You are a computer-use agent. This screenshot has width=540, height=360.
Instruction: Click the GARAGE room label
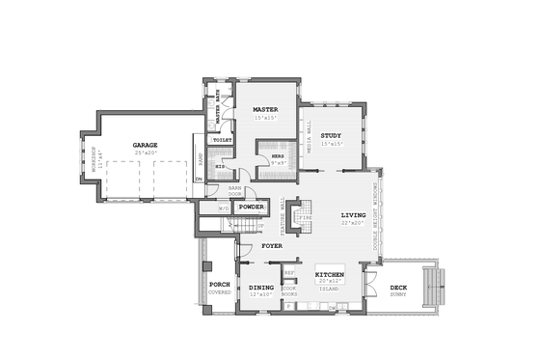click(146, 145)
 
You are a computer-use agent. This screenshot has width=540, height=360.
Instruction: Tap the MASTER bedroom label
click(265, 110)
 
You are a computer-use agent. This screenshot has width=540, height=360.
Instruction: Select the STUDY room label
click(332, 135)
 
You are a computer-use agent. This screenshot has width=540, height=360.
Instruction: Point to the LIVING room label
click(354, 214)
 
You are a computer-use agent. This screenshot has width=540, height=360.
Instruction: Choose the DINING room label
click(261, 287)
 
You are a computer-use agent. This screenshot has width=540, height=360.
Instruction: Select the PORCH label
click(219, 286)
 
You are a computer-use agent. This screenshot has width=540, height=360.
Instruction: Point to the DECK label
click(398, 287)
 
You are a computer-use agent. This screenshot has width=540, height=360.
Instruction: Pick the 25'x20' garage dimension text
click(146, 152)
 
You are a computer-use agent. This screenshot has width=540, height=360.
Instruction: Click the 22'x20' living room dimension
click(354, 222)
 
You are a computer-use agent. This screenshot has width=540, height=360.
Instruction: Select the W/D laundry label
click(224, 208)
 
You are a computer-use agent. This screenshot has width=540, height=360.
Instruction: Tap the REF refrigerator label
click(288, 272)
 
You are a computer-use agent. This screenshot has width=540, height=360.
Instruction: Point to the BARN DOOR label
click(234, 190)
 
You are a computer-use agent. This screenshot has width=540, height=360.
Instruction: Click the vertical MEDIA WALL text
click(309, 138)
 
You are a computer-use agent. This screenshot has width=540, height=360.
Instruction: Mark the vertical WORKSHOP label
click(94, 158)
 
